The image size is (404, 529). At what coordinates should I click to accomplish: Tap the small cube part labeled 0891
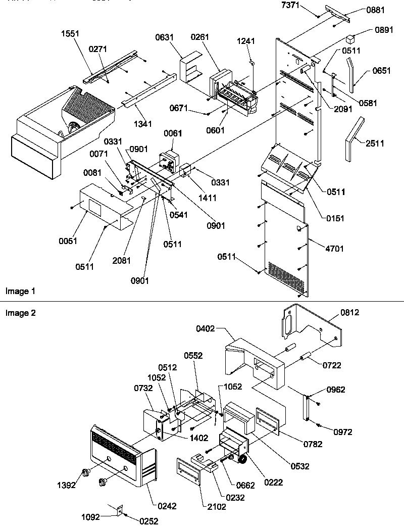[350, 37]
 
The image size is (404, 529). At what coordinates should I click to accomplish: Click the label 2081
[122, 261]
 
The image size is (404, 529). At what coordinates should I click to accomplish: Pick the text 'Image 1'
[20, 292]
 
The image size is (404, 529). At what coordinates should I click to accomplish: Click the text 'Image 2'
[20, 313]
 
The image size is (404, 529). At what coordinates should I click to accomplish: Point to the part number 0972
[342, 432]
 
